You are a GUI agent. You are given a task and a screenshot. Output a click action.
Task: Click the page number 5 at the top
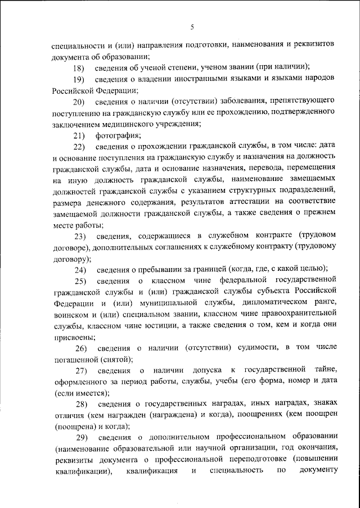click(192, 27)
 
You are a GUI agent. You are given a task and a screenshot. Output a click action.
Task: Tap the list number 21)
click(79, 135)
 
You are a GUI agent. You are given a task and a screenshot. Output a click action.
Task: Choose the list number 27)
click(79, 370)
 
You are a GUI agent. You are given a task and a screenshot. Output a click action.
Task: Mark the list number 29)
click(79, 437)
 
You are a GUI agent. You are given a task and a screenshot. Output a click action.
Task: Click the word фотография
click(118, 135)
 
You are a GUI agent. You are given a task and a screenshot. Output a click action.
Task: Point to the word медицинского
click(130, 124)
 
